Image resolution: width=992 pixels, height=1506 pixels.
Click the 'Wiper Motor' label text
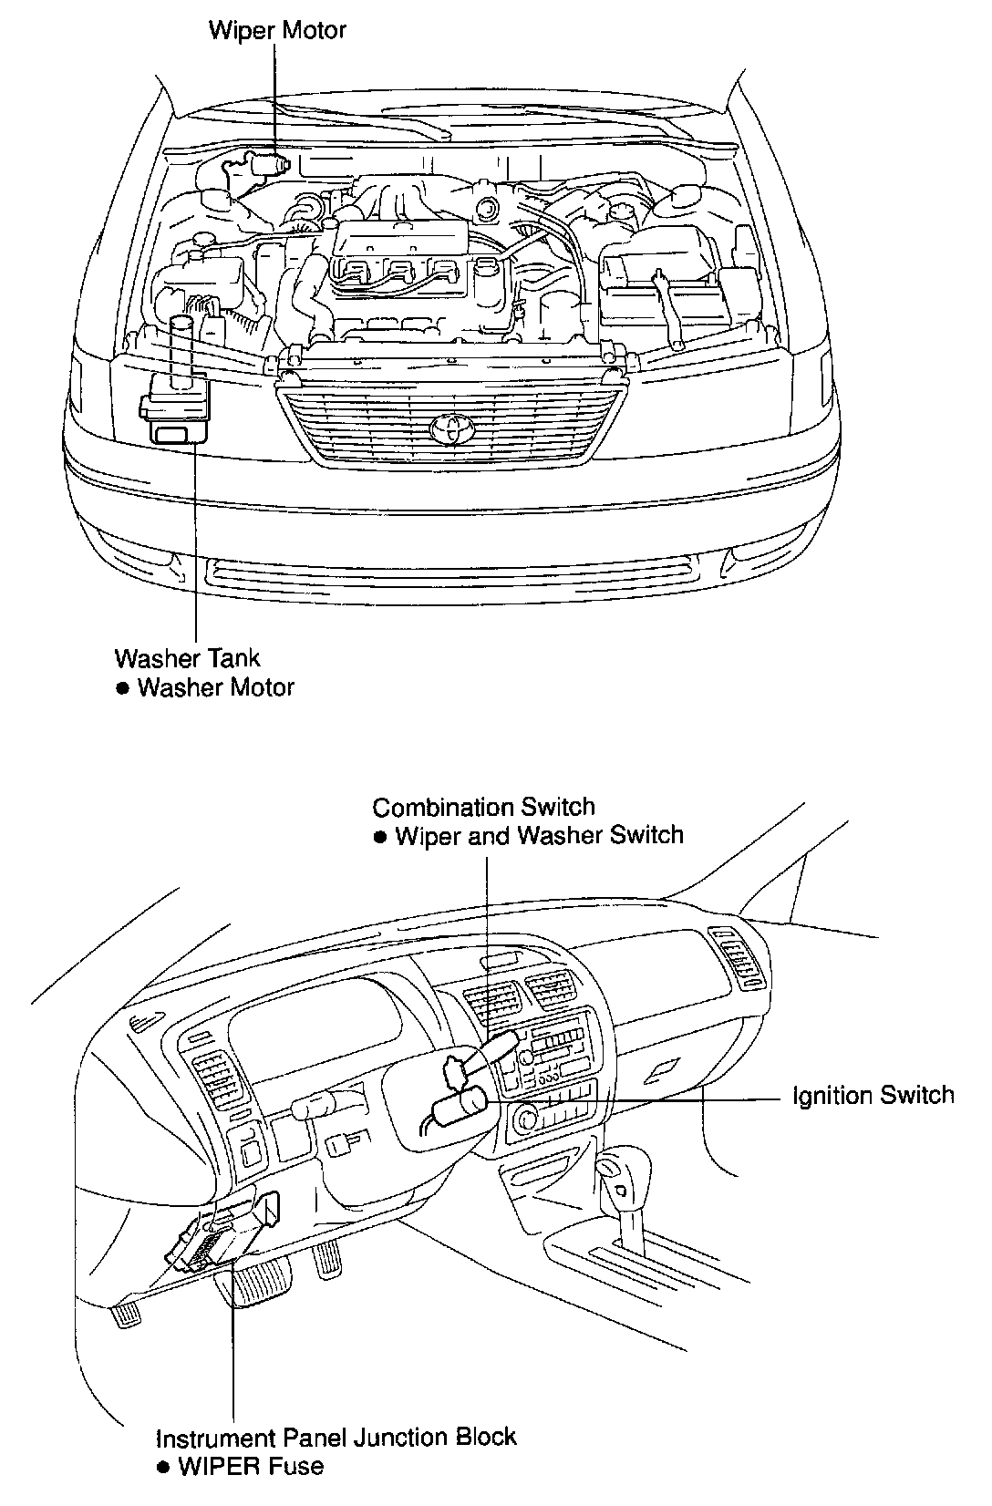point(277,30)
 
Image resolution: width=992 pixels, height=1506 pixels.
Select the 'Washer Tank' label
point(187,658)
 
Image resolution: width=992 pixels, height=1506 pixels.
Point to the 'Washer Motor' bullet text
point(215,687)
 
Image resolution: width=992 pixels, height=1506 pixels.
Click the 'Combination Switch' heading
point(483,808)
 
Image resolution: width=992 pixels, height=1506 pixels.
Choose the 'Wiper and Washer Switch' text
point(539,836)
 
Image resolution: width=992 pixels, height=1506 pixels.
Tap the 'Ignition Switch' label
point(873,1095)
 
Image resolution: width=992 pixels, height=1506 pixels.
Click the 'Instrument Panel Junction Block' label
point(336,1438)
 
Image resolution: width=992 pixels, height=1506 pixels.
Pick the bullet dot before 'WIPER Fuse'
point(162,1467)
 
